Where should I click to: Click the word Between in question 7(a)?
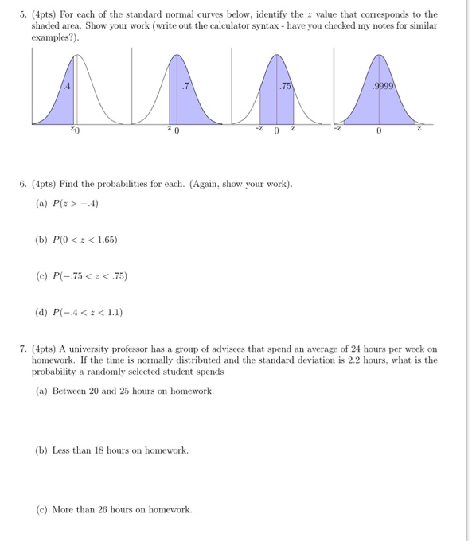pyautogui.click(x=72, y=391)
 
